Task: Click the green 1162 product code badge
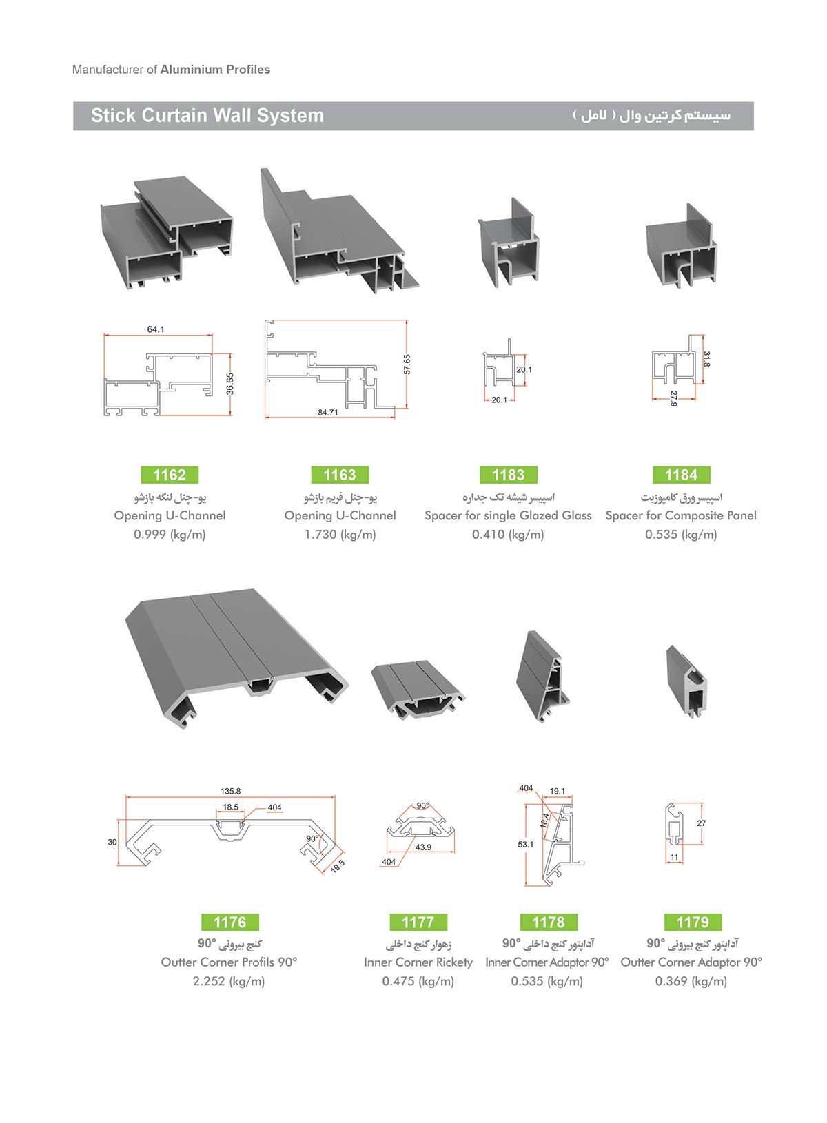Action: [x=170, y=474]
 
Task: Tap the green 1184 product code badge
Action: [x=681, y=474]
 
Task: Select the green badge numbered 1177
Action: [x=418, y=921]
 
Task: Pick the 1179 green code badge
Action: [x=693, y=921]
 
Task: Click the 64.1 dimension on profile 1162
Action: [x=156, y=329]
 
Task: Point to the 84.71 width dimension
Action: [x=327, y=412]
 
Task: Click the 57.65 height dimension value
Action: [x=407, y=364]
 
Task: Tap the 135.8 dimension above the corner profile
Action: [x=230, y=791]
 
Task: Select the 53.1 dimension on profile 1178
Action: [x=526, y=844]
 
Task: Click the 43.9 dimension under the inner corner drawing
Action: [x=423, y=847]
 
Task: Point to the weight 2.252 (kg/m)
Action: [x=229, y=981]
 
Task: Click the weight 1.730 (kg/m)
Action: [x=340, y=535]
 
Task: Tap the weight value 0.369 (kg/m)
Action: [x=691, y=981]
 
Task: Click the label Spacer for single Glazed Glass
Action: [x=508, y=515]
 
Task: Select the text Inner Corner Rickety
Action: [x=418, y=962]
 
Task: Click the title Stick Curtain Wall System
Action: [x=207, y=115]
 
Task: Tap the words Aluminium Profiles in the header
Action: [x=215, y=69]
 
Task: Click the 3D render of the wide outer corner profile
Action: [x=236, y=657]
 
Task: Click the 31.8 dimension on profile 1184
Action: [x=706, y=359]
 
